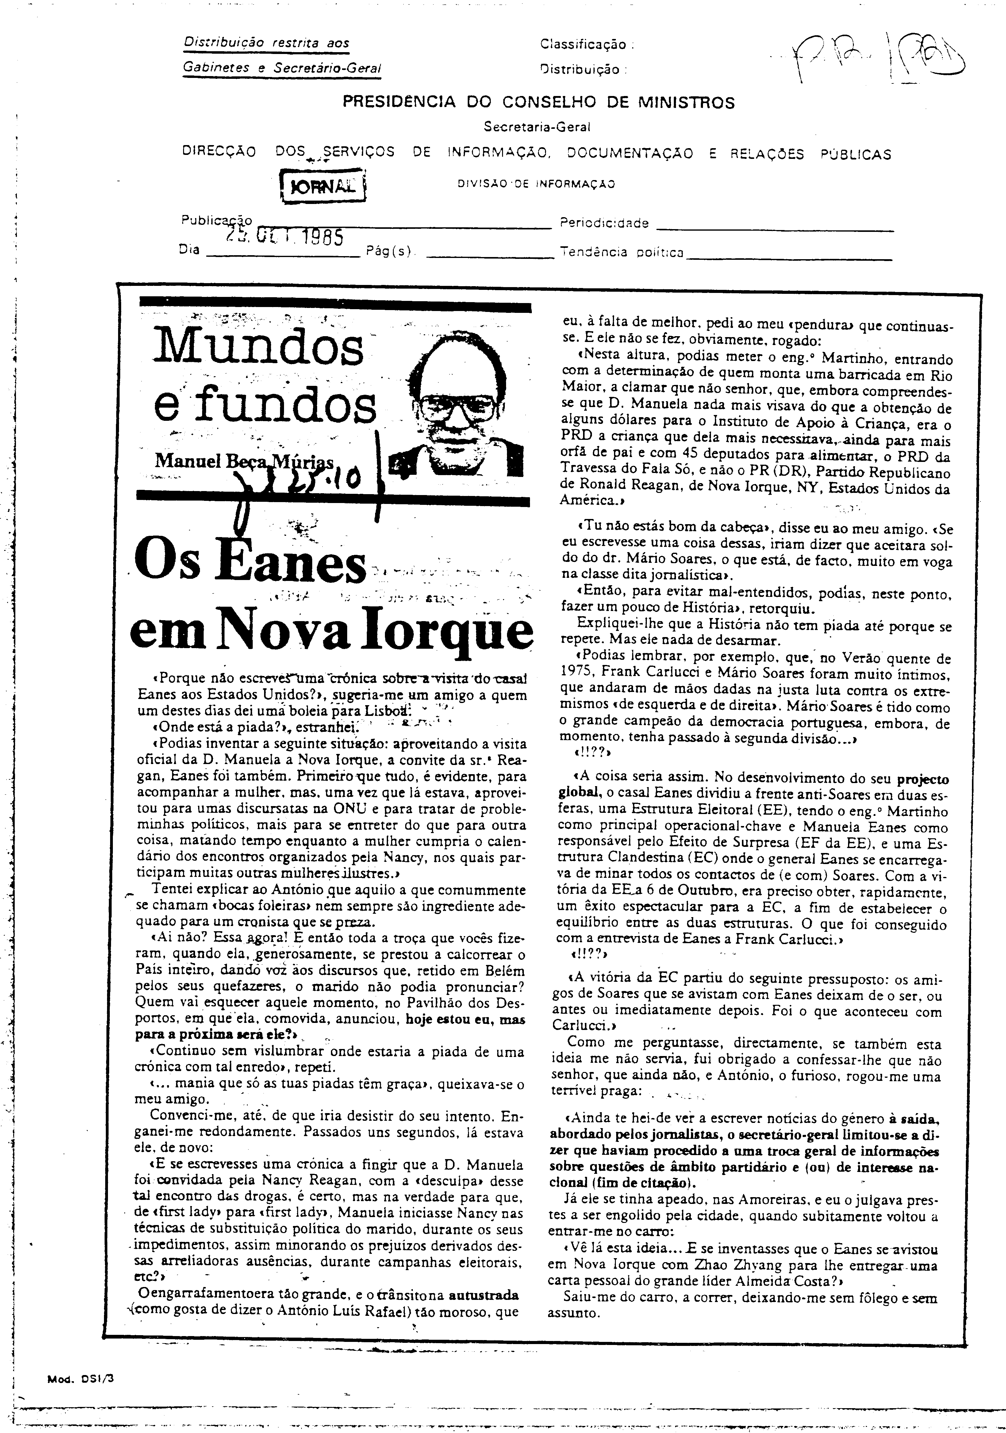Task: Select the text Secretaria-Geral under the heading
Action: (537, 127)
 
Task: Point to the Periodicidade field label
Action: (604, 223)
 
